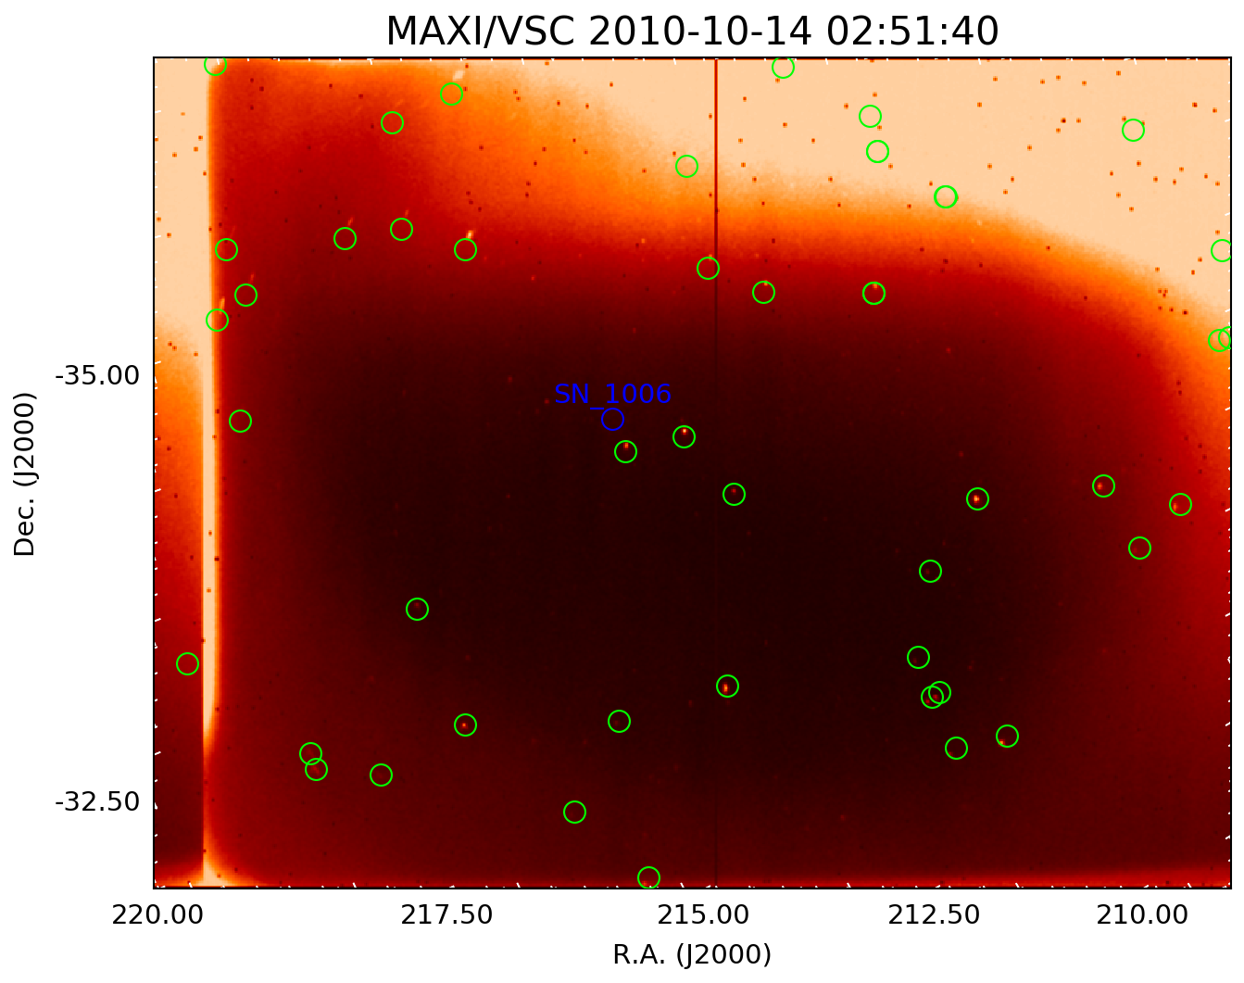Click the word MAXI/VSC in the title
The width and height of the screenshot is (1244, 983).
click(482, 32)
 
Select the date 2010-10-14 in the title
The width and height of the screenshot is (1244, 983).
click(702, 32)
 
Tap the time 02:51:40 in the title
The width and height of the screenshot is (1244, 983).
click(912, 32)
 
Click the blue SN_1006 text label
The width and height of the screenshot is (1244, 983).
click(612, 395)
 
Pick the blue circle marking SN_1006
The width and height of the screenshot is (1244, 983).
click(612, 420)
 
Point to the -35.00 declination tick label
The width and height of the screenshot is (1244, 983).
click(97, 376)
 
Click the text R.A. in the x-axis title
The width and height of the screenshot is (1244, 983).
click(640, 955)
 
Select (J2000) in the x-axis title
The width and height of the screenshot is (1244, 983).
click(723, 955)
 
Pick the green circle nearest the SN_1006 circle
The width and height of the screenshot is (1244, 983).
click(625, 451)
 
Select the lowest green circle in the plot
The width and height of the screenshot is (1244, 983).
click(648, 877)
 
